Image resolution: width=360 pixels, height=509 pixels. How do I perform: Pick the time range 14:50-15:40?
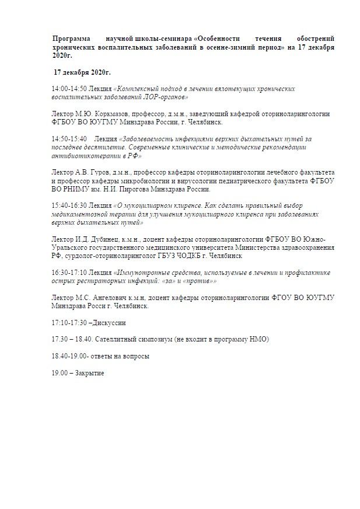coord(69,139)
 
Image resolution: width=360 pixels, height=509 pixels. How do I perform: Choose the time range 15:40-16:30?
coord(69,205)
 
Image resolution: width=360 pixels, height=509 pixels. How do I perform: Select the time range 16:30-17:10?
coord(69,272)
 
